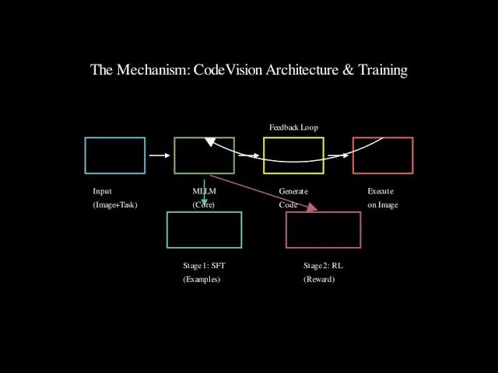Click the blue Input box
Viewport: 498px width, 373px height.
[114, 155]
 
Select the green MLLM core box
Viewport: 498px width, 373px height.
[204, 155]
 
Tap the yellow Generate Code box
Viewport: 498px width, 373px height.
[293, 155]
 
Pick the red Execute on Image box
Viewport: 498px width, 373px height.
[383, 155]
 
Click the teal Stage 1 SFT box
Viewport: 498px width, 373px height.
[204, 230]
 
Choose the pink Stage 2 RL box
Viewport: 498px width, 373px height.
[324, 230]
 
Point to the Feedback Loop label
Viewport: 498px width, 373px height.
[293, 127]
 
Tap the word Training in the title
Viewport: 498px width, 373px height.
[382, 70]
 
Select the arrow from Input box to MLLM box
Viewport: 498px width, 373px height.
[159, 155]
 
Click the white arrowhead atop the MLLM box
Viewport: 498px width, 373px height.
[209, 142]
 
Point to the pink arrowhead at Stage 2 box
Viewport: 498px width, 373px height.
[313, 207]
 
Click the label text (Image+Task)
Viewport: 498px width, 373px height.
[114, 205]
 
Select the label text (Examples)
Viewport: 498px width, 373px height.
[202, 279]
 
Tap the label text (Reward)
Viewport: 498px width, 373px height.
[319, 279]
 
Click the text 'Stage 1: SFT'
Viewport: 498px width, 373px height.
[204, 266]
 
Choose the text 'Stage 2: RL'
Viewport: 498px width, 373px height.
[323, 266]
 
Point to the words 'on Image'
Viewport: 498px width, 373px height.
[382, 205]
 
